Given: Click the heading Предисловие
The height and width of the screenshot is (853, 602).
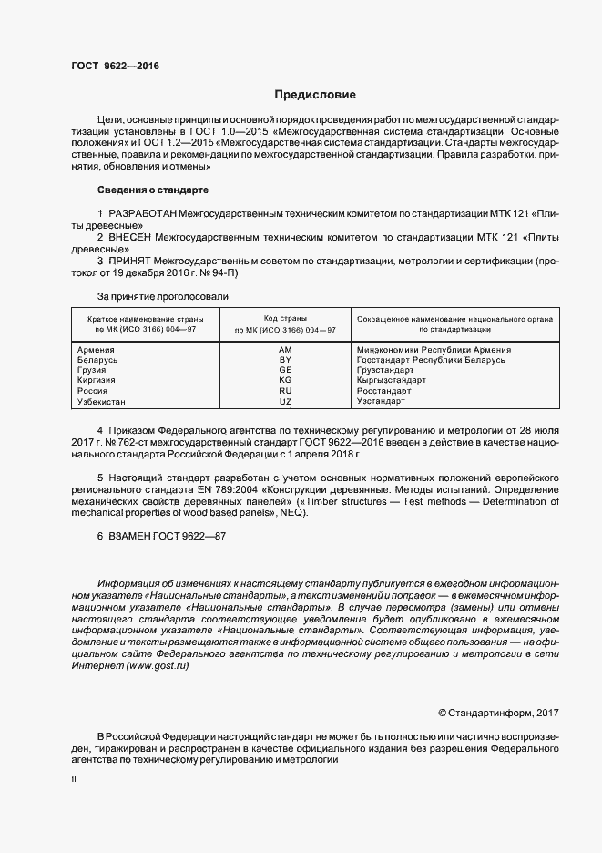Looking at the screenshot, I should click(316, 95).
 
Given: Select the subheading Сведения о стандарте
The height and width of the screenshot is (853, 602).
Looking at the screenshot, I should click(152, 190).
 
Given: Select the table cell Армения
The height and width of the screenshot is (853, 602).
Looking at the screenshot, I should click(96, 350).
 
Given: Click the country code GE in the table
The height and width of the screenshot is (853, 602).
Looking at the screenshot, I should click(285, 371).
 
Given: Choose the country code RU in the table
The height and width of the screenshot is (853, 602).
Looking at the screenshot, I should click(285, 391).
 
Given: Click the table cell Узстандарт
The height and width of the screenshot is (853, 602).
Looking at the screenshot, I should click(380, 401).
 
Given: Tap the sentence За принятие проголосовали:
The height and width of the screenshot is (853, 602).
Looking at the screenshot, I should click(164, 296).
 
